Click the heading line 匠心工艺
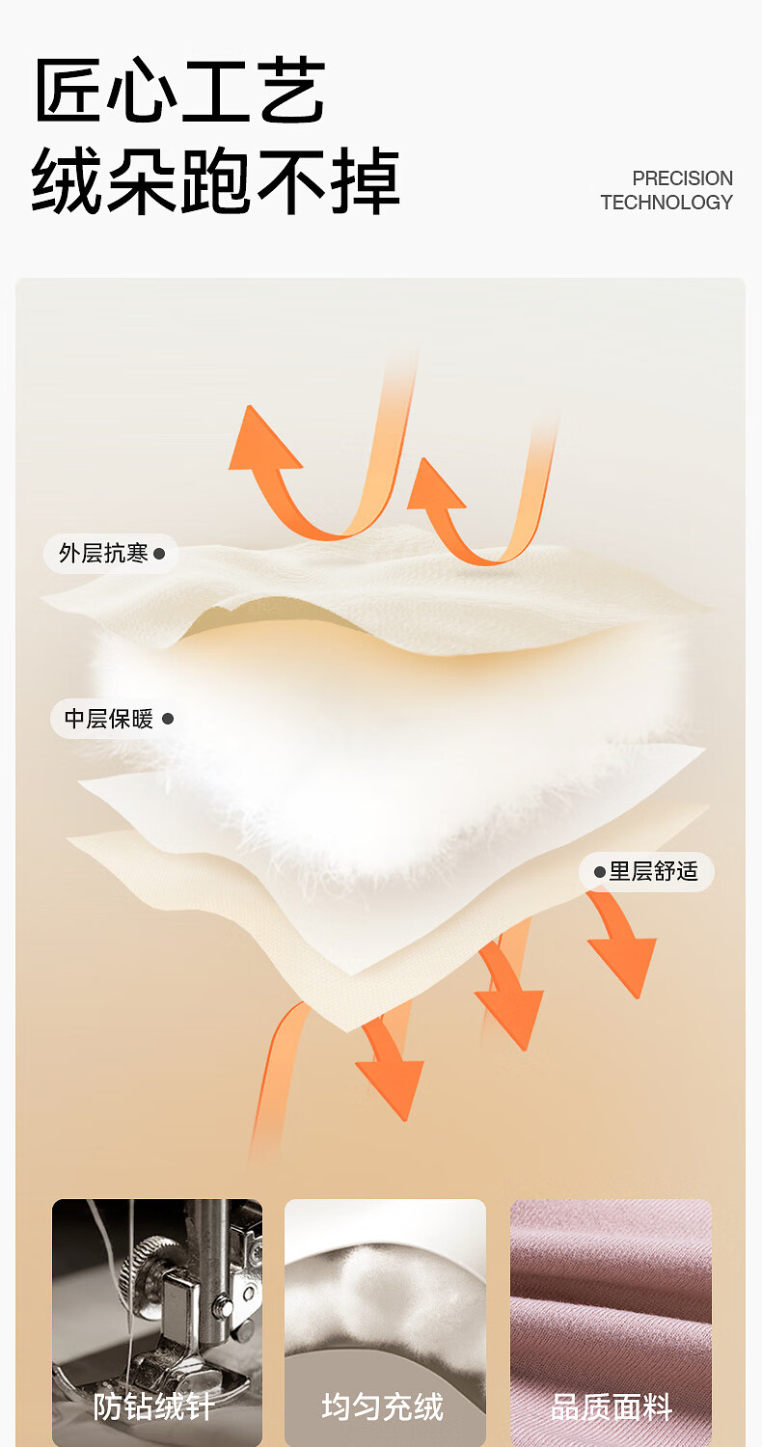[x=179, y=92]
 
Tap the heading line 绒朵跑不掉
[x=215, y=181]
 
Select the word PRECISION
[x=682, y=178]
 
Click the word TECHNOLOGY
[x=667, y=203]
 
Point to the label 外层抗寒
[x=103, y=554]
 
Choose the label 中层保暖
[x=108, y=719]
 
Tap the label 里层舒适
[x=653, y=872]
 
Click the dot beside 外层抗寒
[x=159, y=555]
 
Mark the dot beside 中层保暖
[x=168, y=719]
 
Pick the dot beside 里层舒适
[x=600, y=872]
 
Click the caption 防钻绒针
[x=154, y=1406]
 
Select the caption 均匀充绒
[x=383, y=1406]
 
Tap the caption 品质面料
[x=612, y=1406]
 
